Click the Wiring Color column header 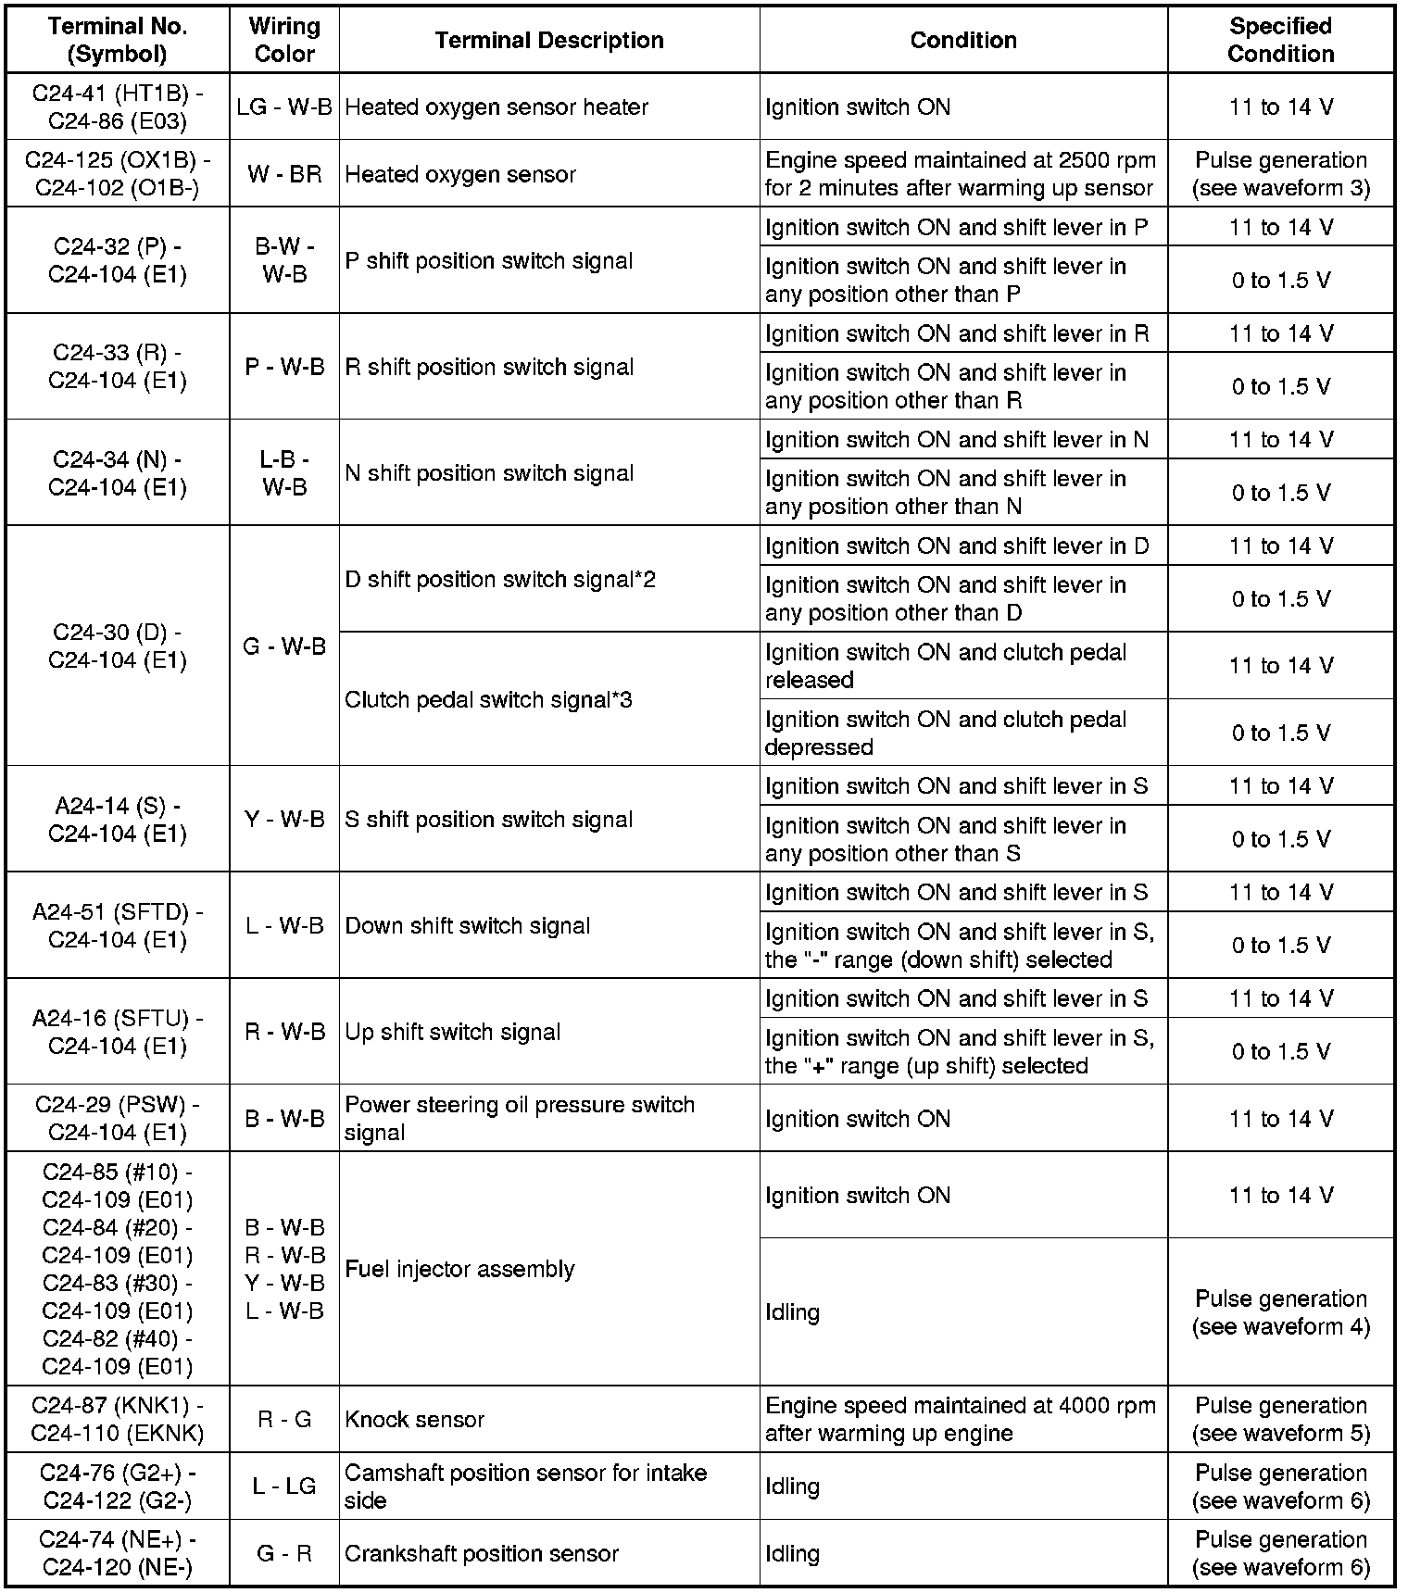[284, 40]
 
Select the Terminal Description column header [549, 40]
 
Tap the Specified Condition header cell [1280, 40]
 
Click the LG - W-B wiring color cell [284, 107]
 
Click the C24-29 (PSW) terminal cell [118, 1119]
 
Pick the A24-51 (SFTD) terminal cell [118, 926]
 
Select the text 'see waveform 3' [1280, 188]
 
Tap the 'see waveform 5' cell [1280, 1420]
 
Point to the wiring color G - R [284, 1553]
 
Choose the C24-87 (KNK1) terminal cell [118, 1420]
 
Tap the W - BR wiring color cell [284, 174]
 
